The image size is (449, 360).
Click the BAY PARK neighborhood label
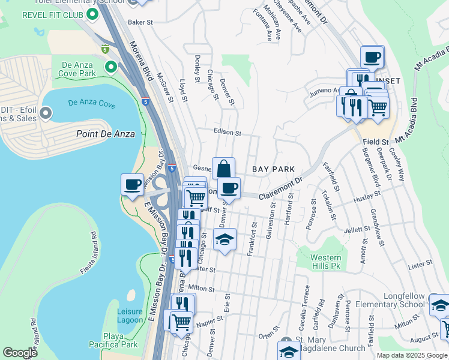click(273, 170)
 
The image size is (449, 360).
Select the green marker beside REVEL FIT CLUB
click(92, 13)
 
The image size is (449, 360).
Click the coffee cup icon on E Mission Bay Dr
click(132, 184)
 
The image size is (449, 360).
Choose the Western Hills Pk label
click(326, 262)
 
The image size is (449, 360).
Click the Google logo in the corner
click(20, 353)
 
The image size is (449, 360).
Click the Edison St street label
click(227, 132)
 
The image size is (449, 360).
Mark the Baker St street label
click(141, 22)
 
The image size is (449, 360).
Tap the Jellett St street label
click(357, 229)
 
